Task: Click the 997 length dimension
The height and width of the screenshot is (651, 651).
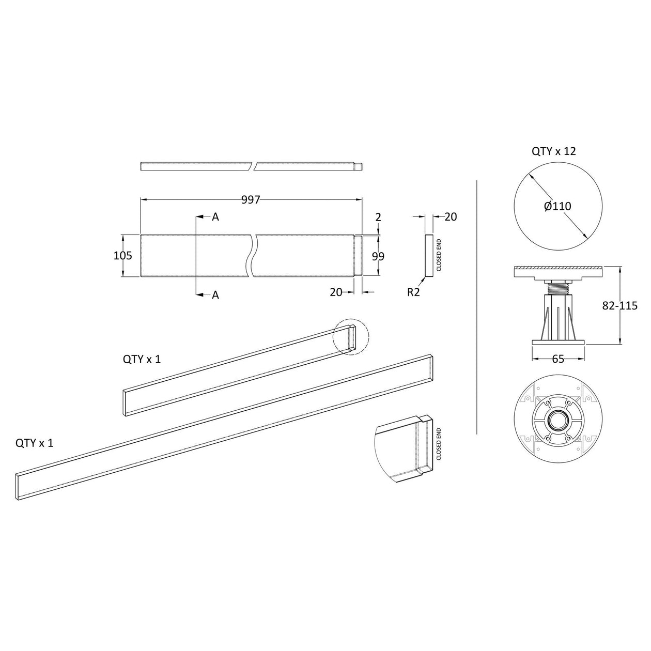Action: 251,200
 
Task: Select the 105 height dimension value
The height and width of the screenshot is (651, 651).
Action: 123,256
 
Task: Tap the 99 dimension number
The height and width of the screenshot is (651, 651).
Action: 378,256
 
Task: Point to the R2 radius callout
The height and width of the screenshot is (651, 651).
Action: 413,292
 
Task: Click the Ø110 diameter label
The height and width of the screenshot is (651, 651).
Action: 557,207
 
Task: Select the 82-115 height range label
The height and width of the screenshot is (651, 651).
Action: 620,305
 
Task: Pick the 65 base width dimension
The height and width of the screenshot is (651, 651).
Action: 558,359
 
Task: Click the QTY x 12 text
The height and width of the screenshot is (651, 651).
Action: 553,151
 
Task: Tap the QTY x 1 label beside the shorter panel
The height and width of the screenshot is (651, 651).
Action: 142,360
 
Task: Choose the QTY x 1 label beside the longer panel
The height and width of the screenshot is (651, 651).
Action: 34,443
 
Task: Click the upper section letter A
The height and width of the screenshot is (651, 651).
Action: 215,218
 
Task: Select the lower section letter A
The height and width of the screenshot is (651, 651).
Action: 215,295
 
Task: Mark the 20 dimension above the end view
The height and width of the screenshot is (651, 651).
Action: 451,217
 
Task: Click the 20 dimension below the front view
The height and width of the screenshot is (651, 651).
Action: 336,292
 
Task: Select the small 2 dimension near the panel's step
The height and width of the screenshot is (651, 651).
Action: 378,218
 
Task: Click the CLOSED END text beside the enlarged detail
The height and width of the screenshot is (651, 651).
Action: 439,444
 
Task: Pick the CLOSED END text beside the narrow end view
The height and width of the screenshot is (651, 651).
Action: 439,255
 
